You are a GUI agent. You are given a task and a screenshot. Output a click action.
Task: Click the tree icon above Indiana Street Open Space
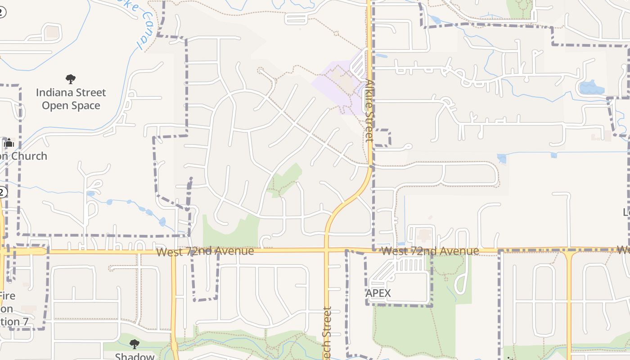[x=71, y=79]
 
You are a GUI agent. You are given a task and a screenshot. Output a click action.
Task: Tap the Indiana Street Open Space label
[x=71, y=99]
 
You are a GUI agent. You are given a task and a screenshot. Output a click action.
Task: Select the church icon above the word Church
[x=9, y=143]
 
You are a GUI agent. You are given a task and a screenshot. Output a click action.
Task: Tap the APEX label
[x=378, y=293]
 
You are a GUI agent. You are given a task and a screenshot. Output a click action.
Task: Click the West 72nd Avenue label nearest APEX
[x=430, y=251]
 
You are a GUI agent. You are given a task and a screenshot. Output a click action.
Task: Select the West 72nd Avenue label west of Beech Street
[x=205, y=251]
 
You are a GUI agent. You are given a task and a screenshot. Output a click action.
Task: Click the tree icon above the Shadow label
[x=134, y=344]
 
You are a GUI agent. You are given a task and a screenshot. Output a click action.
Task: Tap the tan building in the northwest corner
[x=53, y=31]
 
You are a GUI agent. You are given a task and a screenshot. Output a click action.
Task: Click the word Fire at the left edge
[x=7, y=296]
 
